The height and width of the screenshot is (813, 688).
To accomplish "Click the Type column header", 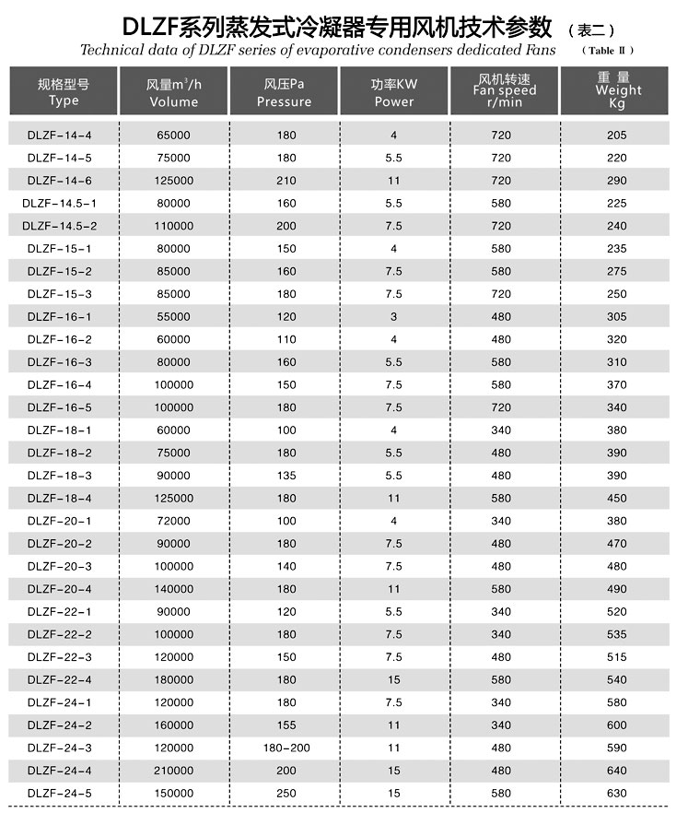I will pyautogui.click(x=64, y=92).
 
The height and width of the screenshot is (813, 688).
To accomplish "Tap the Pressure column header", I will pyautogui.click(x=284, y=92).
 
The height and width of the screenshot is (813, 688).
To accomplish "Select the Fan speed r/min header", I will pyautogui.click(x=504, y=90).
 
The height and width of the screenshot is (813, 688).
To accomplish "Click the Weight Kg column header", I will pyautogui.click(x=617, y=90).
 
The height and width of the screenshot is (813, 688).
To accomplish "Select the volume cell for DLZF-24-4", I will pyautogui.click(x=174, y=771).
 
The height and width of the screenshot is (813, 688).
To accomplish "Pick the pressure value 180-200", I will pyautogui.click(x=286, y=748).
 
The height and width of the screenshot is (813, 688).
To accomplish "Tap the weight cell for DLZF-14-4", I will pyautogui.click(x=617, y=135).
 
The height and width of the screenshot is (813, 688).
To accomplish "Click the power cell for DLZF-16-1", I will pyautogui.click(x=393, y=316).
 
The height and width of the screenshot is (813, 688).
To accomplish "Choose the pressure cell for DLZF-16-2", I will pyautogui.click(x=286, y=339).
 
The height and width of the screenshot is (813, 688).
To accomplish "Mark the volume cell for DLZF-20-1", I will pyautogui.click(x=174, y=521).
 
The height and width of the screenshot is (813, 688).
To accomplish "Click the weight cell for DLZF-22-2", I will pyautogui.click(x=617, y=634).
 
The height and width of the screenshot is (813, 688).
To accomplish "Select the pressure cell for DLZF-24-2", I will pyautogui.click(x=286, y=725).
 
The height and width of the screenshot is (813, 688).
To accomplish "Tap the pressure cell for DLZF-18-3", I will pyautogui.click(x=286, y=476).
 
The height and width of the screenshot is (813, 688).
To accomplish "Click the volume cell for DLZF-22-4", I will pyautogui.click(x=174, y=679).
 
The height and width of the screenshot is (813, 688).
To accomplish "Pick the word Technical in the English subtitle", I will pyautogui.click(x=111, y=50).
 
